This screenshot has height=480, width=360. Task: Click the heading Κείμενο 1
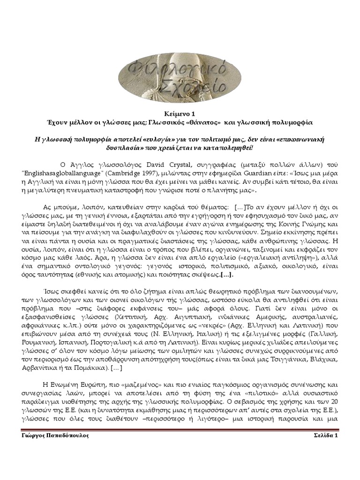click(180, 113)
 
